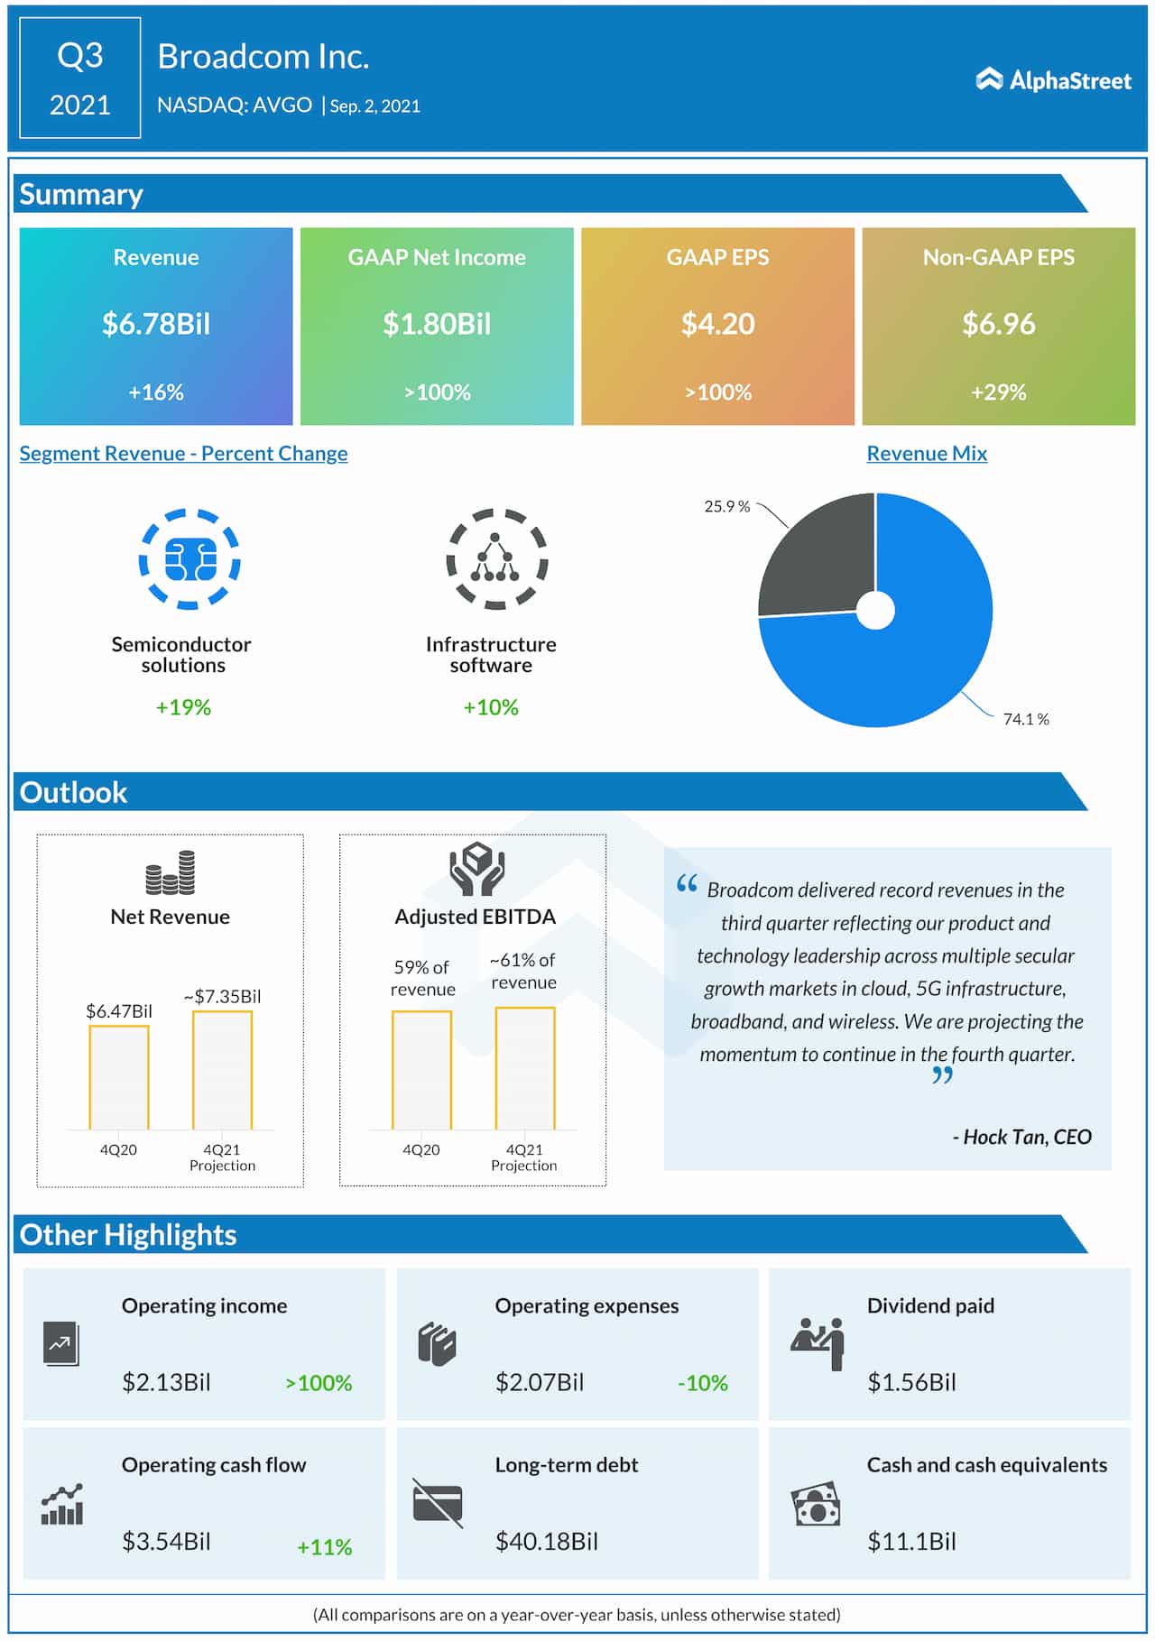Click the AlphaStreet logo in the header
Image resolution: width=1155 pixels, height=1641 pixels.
point(1053,80)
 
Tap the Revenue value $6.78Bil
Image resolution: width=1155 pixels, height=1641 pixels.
point(156,324)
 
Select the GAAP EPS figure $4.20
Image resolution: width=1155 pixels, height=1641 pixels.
point(717,324)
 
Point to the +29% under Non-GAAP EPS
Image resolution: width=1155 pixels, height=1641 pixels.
point(998,392)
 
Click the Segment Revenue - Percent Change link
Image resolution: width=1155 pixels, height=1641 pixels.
point(183,454)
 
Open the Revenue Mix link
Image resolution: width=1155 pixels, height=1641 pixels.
point(927,454)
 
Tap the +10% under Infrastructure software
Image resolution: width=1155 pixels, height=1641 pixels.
point(491,707)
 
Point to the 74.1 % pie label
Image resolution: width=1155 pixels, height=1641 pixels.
point(1026,719)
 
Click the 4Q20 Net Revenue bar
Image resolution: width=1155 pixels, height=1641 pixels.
point(119,1077)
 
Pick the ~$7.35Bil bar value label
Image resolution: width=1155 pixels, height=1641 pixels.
point(222,996)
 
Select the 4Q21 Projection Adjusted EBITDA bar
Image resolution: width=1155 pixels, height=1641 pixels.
point(525,1068)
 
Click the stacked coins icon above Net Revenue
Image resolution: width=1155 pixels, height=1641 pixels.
point(171,872)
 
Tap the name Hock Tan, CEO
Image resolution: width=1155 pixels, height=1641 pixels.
point(1021,1137)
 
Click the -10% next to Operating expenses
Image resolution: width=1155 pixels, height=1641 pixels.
point(702,1383)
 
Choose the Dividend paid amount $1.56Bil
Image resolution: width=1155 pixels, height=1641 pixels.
point(911,1382)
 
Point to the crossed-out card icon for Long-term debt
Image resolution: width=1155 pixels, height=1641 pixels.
point(438,1503)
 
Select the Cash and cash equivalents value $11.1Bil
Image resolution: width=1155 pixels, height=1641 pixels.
point(911,1541)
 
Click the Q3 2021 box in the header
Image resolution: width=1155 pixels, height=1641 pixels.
point(80,78)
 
